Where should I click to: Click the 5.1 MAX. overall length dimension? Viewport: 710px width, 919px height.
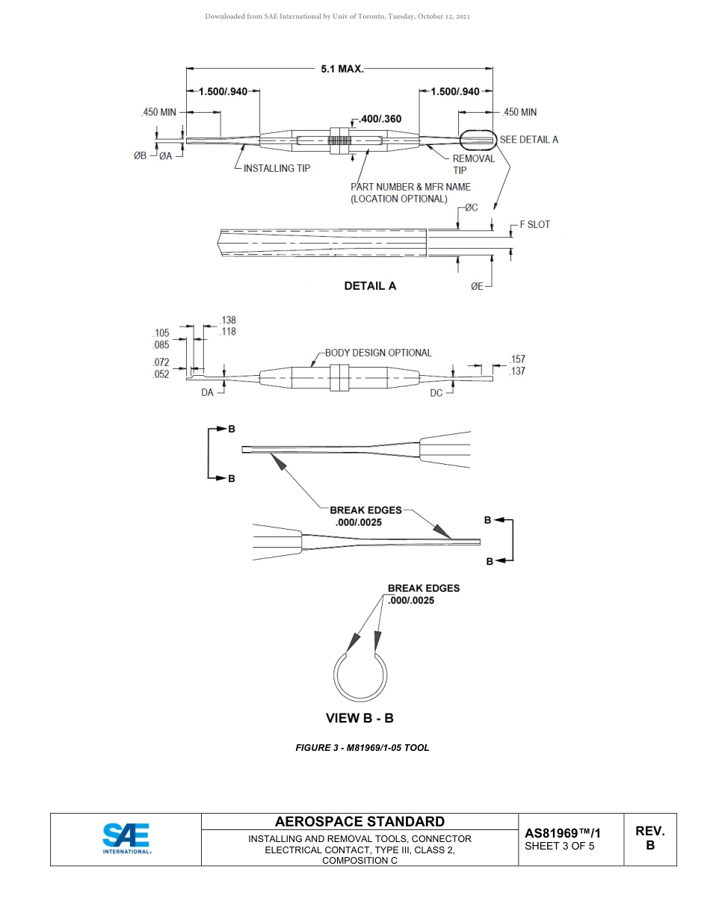point(342,69)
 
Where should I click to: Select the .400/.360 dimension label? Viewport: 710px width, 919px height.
point(380,119)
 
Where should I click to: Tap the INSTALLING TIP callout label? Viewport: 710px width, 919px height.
point(277,169)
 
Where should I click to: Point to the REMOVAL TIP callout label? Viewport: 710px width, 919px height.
point(473,164)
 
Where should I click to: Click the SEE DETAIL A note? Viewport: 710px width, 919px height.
point(528,139)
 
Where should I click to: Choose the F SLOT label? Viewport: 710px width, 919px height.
point(534,224)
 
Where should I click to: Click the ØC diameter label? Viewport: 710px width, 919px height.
point(471,208)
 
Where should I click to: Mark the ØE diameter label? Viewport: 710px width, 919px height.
point(477,286)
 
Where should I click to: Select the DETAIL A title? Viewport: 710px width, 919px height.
point(370,285)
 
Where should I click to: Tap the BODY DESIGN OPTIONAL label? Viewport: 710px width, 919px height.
point(378,353)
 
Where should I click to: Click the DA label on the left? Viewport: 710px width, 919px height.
point(207,392)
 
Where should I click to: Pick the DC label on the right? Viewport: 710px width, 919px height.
point(436,392)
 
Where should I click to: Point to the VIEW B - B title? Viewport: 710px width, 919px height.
point(359,718)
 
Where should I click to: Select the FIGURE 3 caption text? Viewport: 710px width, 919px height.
point(362,748)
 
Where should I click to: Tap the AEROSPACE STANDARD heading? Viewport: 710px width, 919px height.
point(359,822)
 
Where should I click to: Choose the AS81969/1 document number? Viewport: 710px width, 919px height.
point(563,832)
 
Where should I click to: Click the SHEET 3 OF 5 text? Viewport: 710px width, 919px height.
point(560,847)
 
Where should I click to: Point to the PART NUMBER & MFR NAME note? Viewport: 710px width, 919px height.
point(410,193)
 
